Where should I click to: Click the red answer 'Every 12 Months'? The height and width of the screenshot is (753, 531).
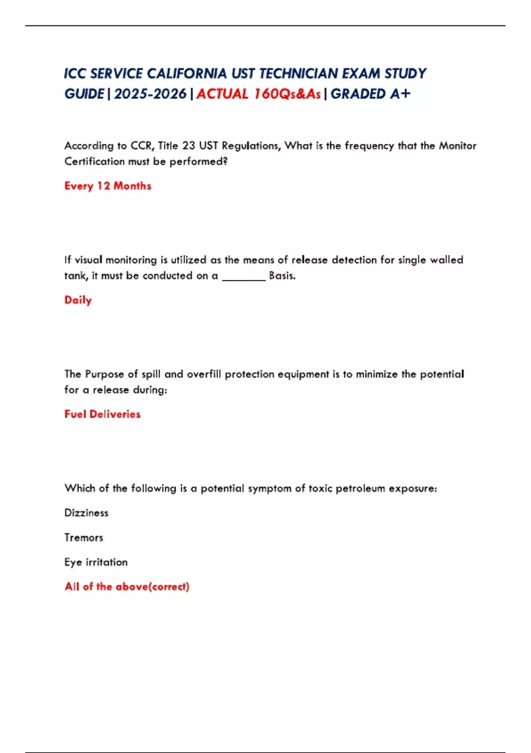tap(108, 186)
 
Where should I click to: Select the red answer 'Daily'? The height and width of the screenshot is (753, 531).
tap(78, 300)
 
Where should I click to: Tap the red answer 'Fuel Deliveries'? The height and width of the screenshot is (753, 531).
tap(102, 414)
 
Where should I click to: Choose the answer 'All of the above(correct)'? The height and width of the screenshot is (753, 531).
tap(127, 586)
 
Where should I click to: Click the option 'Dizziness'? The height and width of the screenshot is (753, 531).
tap(86, 513)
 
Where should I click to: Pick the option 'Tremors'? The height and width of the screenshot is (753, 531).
tap(84, 537)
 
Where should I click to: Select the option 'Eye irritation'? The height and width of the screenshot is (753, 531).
tap(96, 562)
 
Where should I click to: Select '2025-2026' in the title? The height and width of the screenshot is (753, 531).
tap(150, 94)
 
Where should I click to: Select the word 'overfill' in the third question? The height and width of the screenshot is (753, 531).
tap(204, 374)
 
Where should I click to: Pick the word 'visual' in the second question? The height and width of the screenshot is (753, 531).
tap(88, 260)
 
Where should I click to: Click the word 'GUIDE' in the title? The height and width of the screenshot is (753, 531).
tap(84, 94)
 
